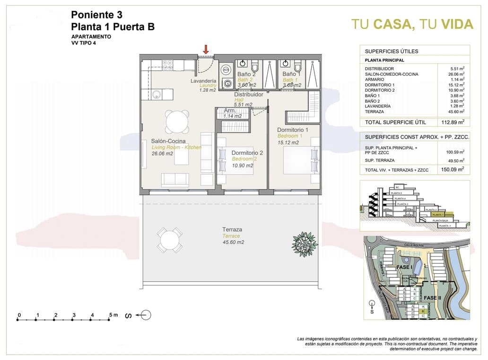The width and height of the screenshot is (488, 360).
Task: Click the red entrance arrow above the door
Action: coord(206,49)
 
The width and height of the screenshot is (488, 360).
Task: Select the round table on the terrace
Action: coord(168,241)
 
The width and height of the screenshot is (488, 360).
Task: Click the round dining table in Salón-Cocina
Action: coord(177,122)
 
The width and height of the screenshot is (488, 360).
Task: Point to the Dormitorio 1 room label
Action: coord(293,130)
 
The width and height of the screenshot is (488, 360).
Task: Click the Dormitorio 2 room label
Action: coord(247,153)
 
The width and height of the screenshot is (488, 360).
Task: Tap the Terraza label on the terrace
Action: coord(232,229)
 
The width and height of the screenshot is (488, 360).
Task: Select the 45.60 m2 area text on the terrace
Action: coord(233,242)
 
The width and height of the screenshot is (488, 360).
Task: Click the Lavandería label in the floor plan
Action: coord(203,81)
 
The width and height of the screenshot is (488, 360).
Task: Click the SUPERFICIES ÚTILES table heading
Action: coord(391,51)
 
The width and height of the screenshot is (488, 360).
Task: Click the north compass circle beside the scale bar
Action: coord(146,315)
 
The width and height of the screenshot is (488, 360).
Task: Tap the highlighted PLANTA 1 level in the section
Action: coord(439,214)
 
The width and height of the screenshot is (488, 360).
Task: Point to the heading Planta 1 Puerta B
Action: coord(113,27)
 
